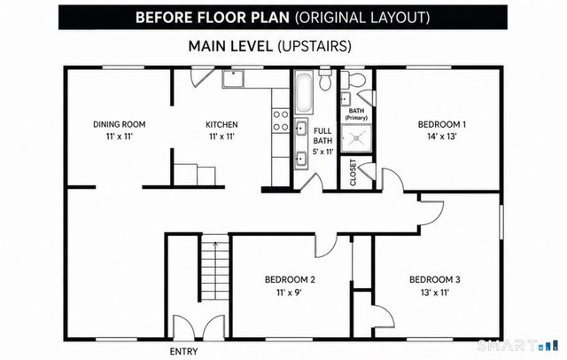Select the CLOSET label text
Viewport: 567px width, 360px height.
[x=353, y=173]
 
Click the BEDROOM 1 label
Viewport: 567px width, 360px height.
[x=442, y=124]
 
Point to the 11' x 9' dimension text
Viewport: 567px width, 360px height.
[x=290, y=292]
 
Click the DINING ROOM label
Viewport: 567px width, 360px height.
[x=120, y=124]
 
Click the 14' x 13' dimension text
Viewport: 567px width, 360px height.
[x=442, y=137]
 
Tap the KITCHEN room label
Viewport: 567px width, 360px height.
[x=221, y=124]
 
